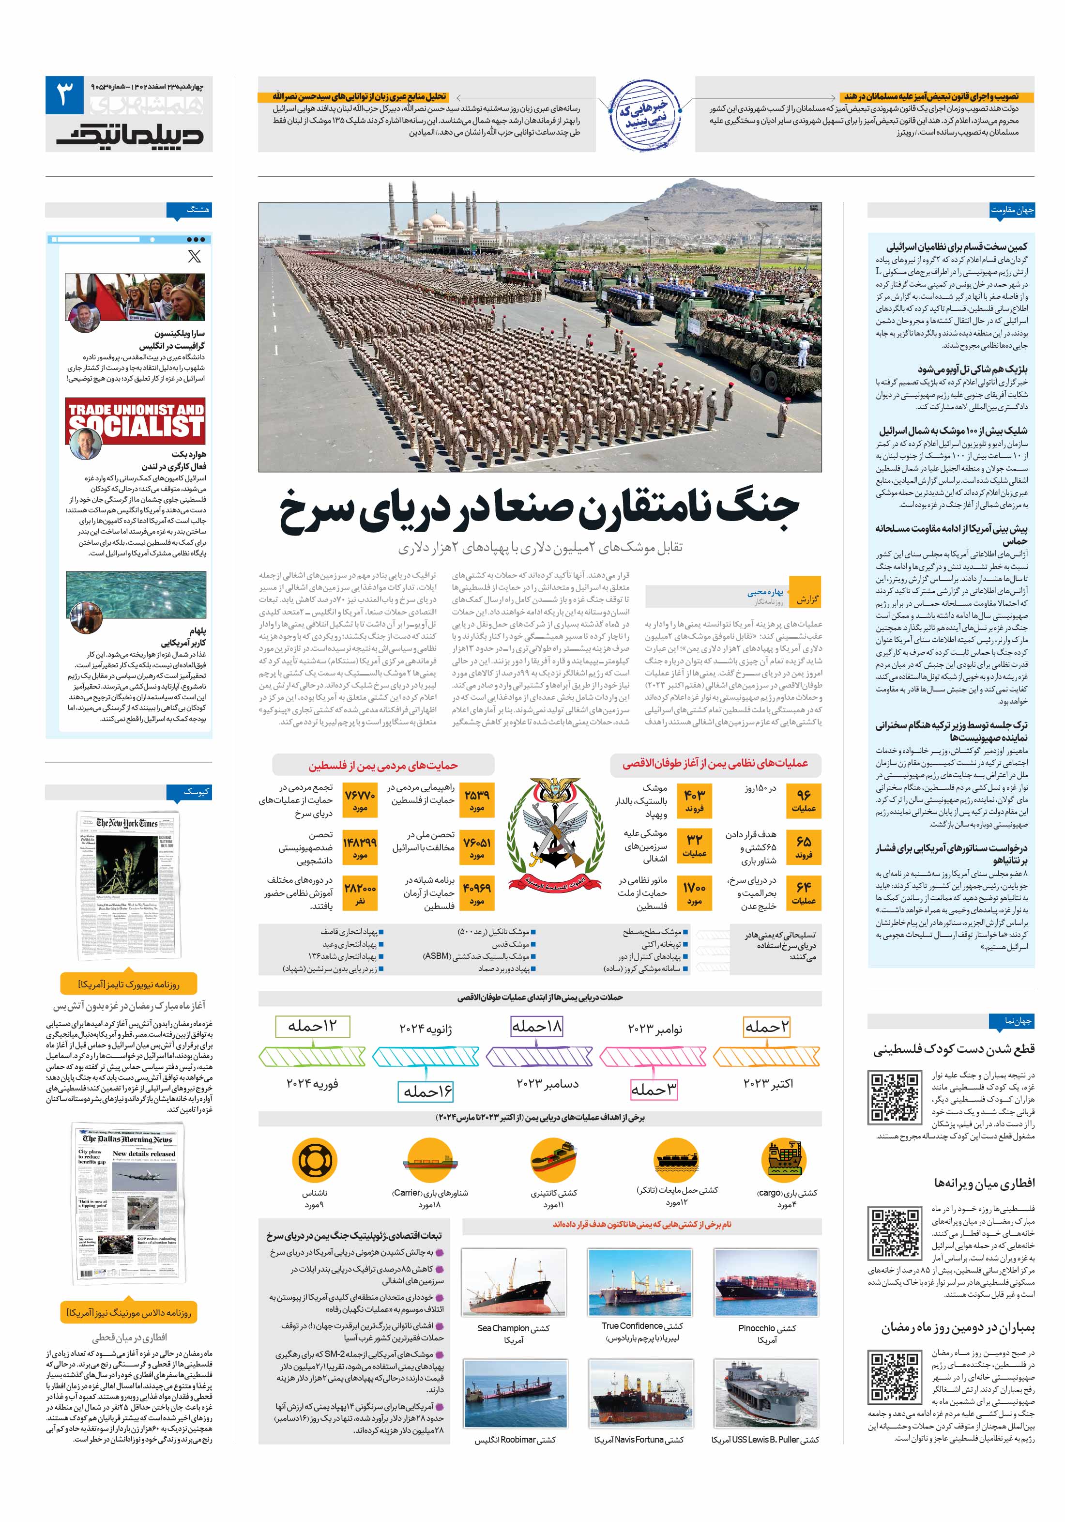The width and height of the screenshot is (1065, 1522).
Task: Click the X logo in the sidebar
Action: tap(194, 256)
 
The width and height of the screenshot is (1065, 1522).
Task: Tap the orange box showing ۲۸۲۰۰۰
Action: tap(360, 893)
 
